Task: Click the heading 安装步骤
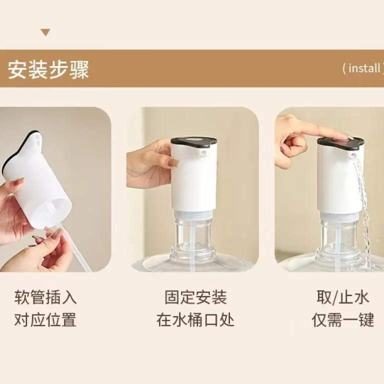(48, 69)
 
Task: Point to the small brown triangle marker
(45, 32)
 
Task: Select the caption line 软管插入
(45, 297)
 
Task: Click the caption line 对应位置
(45, 319)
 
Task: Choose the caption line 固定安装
(195, 297)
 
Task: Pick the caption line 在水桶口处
(195, 319)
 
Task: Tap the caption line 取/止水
(342, 297)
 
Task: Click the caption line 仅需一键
(343, 319)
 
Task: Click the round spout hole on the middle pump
(203, 153)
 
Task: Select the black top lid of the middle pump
(194, 143)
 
